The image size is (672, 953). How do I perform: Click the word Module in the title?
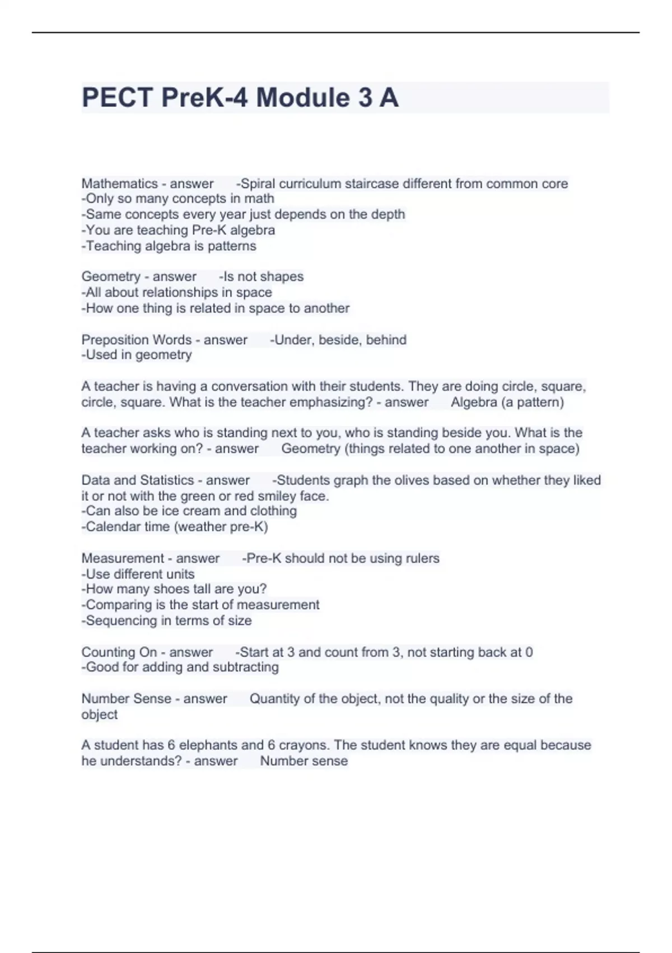(303, 98)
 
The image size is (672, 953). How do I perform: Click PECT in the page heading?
(117, 98)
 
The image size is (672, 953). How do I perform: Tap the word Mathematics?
(120, 184)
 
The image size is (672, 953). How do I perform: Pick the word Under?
(291, 340)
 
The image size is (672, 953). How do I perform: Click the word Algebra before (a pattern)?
(474, 403)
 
